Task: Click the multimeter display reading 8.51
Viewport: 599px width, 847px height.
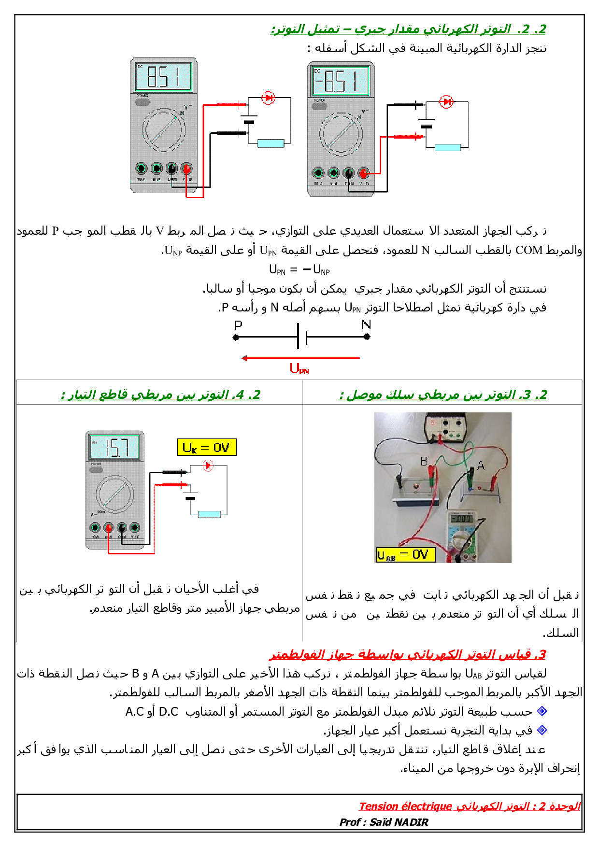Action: (163, 76)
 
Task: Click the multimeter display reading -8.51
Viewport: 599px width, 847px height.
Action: (341, 81)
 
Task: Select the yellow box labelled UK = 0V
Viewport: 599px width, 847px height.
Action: (206, 447)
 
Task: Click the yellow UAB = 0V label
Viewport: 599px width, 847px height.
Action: (405, 555)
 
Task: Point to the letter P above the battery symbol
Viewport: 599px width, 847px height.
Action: (238, 325)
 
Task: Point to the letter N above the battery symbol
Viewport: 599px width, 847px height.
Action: (366, 325)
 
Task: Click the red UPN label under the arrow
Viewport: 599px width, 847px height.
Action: (299, 369)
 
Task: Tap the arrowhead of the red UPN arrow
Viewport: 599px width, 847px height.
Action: (244, 358)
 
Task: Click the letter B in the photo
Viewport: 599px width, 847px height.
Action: (424, 461)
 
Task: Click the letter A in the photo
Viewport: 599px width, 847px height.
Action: (480, 466)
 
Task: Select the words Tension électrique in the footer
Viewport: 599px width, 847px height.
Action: (405, 806)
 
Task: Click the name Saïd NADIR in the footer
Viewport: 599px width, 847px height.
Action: (399, 822)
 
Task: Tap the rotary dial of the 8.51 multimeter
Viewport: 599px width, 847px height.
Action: (163, 129)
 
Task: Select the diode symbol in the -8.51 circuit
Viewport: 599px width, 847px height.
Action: (446, 102)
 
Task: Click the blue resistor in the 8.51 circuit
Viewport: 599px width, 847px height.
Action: (271, 143)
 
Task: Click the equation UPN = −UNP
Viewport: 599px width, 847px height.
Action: (299, 269)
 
